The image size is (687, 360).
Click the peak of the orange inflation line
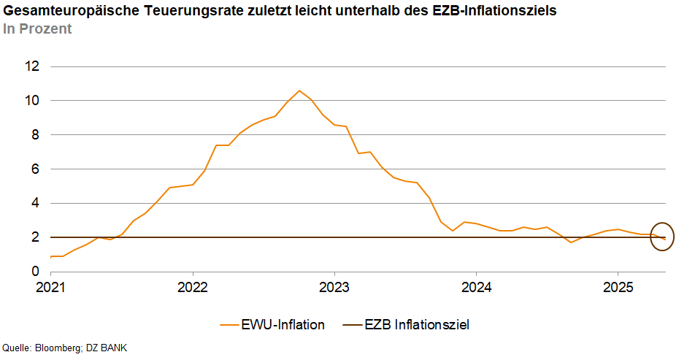coord(299,91)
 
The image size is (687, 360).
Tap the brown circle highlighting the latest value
coord(650,237)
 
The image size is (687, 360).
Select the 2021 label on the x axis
coord(50,287)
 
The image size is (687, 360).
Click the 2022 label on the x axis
coord(192,287)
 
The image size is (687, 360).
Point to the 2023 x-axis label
coord(334,287)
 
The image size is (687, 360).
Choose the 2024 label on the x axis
coord(476,287)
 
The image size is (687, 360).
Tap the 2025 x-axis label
coord(618,287)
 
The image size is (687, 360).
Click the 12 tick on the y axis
coord(32,66)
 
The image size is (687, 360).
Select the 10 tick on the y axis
coord(32,101)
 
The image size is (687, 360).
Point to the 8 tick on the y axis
coord(36,134)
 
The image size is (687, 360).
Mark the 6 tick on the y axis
coord(36,169)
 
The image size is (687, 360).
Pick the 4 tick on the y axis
coord(36,203)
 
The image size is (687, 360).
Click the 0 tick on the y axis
coord(36,272)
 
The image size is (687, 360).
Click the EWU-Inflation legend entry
coord(272,324)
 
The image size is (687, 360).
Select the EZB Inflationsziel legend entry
coord(406,324)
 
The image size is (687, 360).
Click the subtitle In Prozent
coord(37,28)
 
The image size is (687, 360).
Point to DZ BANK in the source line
coord(107,348)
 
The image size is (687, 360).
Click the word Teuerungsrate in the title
coord(193,10)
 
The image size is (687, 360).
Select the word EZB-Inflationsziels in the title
coord(494,10)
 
